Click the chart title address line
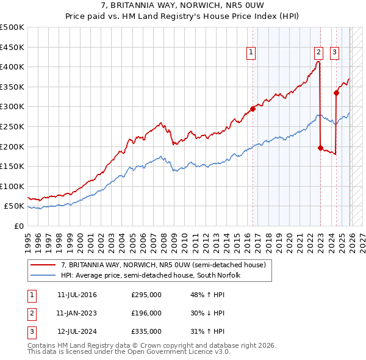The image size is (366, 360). [183, 6]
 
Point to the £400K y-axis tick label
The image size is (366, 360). [12, 67]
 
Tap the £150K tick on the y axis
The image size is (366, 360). [12, 166]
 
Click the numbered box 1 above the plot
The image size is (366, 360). [251, 53]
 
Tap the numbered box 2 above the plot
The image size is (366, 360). [318, 53]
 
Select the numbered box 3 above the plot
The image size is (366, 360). [335, 53]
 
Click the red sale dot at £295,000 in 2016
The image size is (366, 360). [253, 109]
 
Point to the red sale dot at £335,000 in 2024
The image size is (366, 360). [336, 93]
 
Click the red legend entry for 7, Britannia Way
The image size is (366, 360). [163, 265]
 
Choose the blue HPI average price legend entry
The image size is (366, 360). [151, 275]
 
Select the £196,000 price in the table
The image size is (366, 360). [146, 313]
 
